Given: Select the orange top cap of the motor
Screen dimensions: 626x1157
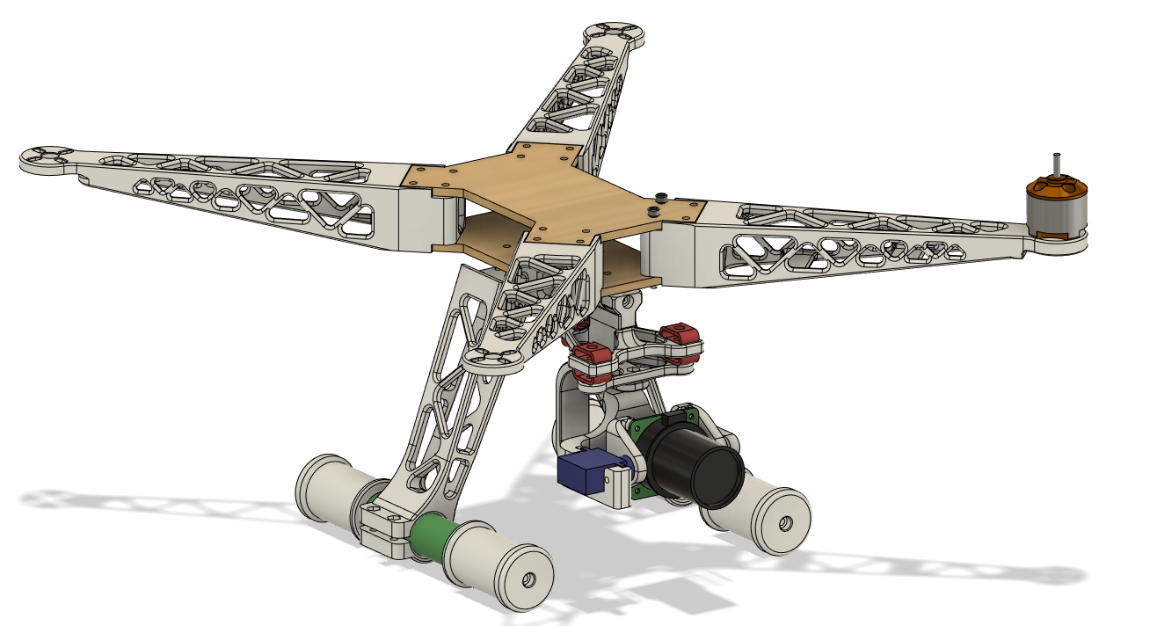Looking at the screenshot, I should pyautogui.click(x=1057, y=187).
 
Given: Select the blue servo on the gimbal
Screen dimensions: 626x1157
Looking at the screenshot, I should pyautogui.click(x=580, y=475).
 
